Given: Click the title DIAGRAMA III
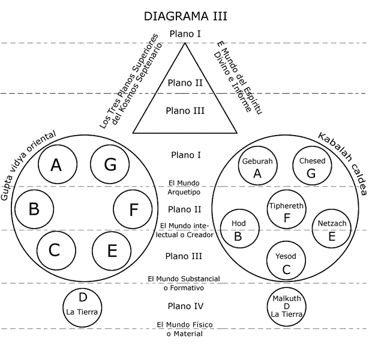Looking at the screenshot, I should [184, 14].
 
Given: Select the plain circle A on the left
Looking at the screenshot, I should [57, 165].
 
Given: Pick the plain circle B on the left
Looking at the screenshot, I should [34, 209].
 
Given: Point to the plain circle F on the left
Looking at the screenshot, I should [134, 209].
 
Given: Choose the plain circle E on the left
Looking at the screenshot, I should [112, 250].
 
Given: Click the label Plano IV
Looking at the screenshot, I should [185, 306].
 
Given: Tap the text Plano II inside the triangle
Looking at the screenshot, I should [185, 83].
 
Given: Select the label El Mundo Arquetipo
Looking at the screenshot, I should [184, 188].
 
